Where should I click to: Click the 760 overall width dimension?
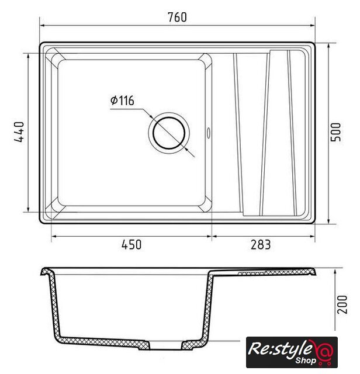point(177,17)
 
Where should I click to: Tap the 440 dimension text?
point(19,132)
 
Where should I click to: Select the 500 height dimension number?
point(335,132)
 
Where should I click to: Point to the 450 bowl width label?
point(131,245)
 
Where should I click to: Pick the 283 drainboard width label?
point(261,245)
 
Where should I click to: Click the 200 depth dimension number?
point(342,304)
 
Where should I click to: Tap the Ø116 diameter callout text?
point(122,101)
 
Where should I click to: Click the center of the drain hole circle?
point(169,133)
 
